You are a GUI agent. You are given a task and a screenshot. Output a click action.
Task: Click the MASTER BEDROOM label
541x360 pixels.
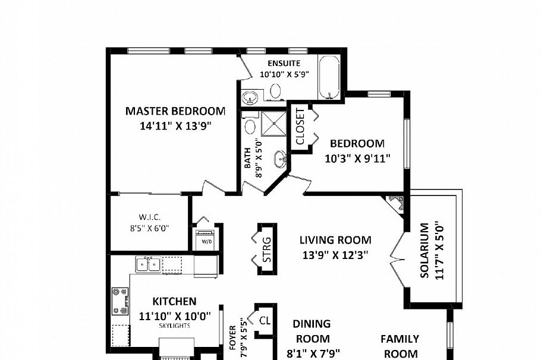(175, 111)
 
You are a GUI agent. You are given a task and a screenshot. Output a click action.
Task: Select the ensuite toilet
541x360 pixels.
(275, 91)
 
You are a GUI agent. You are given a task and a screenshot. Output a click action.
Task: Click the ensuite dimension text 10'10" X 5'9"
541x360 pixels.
(284, 75)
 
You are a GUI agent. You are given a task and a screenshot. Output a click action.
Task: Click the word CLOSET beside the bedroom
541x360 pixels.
(300, 127)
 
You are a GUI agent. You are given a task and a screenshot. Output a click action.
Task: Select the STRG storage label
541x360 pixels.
(267, 249)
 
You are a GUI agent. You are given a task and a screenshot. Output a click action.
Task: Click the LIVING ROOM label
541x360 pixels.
(335, 240)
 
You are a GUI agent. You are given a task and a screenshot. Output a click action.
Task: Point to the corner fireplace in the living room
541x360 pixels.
(395, 204)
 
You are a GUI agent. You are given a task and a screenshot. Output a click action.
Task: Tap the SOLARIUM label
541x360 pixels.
(424, 251)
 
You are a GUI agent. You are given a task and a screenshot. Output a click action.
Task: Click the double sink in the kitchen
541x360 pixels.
(147, 264)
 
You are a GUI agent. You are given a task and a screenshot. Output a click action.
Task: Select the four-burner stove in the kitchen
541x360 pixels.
(120, 301)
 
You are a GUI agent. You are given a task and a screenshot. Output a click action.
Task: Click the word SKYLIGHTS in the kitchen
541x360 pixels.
(174, 326)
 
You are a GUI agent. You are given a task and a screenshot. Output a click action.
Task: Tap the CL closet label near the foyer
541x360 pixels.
(265, 320)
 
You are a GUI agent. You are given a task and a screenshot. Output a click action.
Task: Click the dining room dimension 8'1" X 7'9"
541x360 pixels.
(312, 354)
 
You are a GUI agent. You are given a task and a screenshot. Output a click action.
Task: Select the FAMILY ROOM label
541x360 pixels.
(400, 346)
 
